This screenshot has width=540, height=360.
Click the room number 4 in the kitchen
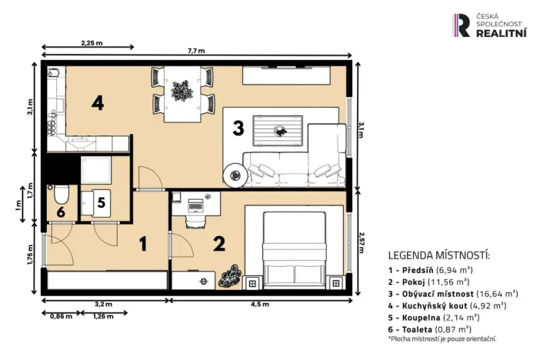(97, 102)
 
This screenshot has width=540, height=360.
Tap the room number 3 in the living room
(238, 128)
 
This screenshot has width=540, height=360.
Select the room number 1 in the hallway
(142, 244)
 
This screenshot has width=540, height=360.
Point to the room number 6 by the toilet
(60, 212)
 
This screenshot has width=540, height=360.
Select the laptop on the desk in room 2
(195, 205)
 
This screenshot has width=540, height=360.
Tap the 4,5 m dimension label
(259, 305)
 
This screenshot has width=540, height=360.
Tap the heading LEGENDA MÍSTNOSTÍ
(438, 255)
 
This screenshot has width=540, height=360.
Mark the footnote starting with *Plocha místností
(442, 338)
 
